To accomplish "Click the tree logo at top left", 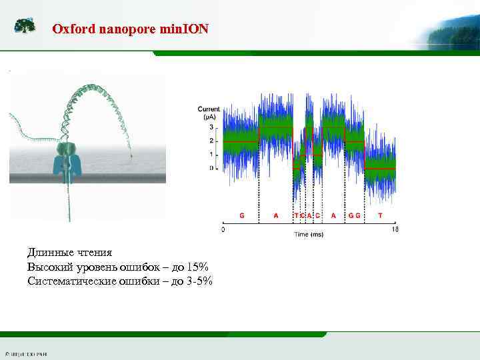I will [x=25, y=26].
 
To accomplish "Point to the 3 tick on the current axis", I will [x=212, y=127].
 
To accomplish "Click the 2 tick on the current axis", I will [x=212, y=141].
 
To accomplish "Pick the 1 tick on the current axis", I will [x=212, y=155].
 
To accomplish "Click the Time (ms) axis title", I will [x=309, y=235].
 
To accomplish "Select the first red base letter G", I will [x=241, y=215].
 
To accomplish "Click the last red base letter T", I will [x=380, y=215].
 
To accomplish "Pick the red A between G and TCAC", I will [x=276, y=215].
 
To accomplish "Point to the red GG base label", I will [x=354, y=215].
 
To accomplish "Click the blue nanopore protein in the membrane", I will [x=67, y=160].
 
